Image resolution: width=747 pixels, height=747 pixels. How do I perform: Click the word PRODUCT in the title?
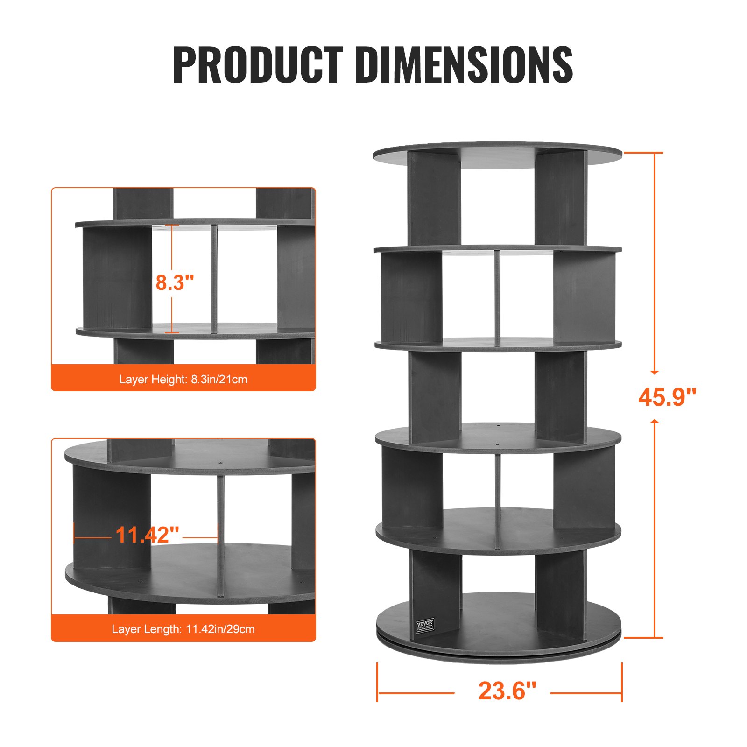257,65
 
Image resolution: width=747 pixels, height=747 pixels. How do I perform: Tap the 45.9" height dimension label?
667,397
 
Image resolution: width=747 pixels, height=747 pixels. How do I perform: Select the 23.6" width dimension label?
507,691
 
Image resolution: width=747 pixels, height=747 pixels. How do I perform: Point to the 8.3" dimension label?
175,282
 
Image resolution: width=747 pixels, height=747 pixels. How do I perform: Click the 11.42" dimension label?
147,535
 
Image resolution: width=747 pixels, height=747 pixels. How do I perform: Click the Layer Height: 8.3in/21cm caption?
183,379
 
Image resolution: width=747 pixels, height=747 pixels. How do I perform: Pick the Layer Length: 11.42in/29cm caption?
183,629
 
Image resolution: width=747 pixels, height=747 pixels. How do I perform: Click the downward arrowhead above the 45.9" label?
655,372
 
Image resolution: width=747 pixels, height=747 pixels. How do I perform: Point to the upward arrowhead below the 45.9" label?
655,422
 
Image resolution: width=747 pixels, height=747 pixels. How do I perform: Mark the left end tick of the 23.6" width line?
377,682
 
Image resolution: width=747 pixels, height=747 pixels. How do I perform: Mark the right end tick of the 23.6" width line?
622,682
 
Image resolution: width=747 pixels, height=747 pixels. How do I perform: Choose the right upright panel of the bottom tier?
559,595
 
